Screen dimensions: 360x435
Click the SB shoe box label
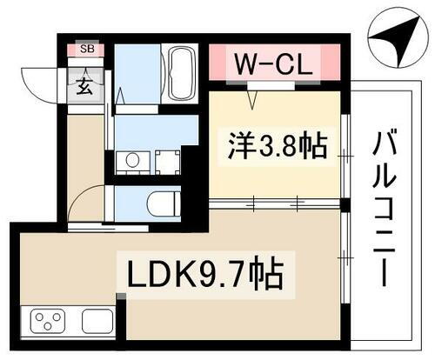coord(87,49)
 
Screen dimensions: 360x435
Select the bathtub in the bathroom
coord(182,75)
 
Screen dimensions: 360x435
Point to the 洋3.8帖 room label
coord(271,146)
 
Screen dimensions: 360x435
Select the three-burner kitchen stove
coord(50,322)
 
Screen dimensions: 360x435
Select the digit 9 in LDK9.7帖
coord(219,277)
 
